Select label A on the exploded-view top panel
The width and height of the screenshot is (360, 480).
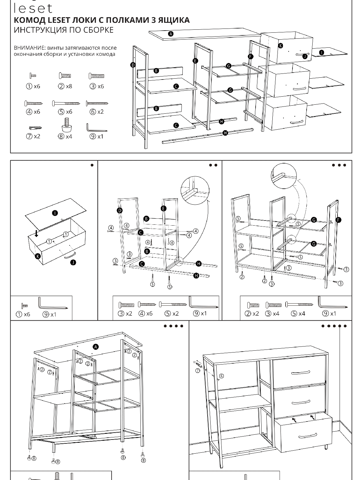point(171,34)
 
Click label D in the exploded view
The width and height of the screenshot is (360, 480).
point(133,65)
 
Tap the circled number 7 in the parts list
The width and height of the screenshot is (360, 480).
point(29,136)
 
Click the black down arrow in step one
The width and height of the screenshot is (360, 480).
point(36,233)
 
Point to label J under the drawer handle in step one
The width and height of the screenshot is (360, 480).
point(73,262)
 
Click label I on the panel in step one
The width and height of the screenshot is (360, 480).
point(55,213)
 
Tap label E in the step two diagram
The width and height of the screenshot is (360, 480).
point(163,208)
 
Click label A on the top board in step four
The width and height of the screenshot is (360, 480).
point(96,347)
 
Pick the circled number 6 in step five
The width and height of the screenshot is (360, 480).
point(221,376)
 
